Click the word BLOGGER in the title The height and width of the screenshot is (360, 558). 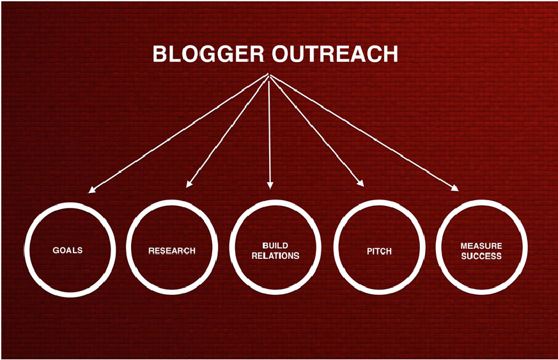[208, 54]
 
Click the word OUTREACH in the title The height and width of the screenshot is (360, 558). [335, 54]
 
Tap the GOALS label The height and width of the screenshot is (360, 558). [68, 250]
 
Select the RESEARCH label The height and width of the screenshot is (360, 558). [172, 251]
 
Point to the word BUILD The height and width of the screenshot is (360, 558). [275, 246]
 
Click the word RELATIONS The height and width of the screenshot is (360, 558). [275, 256]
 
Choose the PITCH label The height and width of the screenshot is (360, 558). [380, 251]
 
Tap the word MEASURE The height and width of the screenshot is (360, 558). [481, 246]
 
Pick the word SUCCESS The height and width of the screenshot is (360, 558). [481, 256]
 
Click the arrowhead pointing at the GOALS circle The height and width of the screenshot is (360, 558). [92, 190]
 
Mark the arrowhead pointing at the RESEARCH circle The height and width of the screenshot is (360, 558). [189, 184]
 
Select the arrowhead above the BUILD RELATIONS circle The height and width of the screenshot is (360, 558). [270, 185]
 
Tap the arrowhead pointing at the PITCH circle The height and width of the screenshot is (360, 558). [360, 183]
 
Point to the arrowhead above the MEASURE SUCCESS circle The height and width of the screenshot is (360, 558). [455, 188]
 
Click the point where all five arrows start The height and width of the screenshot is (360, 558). [269, 74]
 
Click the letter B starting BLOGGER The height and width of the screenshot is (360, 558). [160, 54]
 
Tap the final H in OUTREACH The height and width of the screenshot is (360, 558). [391, 54]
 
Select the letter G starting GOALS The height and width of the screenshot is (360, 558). [56, 250]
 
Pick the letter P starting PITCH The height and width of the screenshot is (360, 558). [369, 251]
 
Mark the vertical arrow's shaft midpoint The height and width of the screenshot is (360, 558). [270, 130]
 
